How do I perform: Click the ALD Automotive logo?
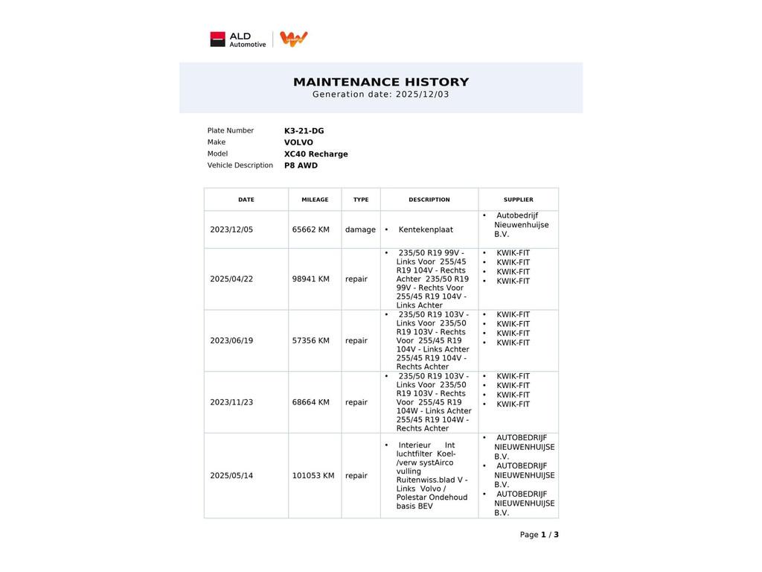238,39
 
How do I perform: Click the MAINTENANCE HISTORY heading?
381,82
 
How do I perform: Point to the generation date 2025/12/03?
422,95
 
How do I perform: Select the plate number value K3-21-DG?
304,131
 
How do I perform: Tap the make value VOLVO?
298,142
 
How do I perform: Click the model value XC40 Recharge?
316,154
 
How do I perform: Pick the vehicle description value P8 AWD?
301,165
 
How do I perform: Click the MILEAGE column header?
315,200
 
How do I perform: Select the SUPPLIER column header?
518,200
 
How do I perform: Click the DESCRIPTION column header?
429,200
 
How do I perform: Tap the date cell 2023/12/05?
231,229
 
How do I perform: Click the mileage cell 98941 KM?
310,279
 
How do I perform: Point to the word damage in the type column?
360,229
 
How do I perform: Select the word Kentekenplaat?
426,229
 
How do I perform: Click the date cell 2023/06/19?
231,340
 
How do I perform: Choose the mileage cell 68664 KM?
310,402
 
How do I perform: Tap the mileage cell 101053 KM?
313,475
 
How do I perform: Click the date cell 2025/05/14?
231,475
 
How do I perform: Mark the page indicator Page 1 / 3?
539,535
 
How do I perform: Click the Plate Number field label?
231,131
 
